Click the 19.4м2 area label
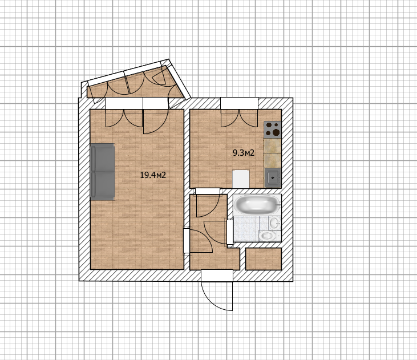pos(153,175)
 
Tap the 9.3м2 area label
pos(244,153)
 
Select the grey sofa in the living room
pos(103,172)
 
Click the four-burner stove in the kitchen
pos(272,130)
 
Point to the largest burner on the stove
pos(277,132)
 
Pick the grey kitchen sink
pos(273,177)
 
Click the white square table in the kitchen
pos(241,179)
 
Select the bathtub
pos(257,205)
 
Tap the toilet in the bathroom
pos(268,236)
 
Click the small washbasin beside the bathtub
pos(274,223)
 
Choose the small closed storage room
pos(264,259)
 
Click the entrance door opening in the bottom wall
pos(217,276)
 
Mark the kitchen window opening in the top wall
pos(239,103)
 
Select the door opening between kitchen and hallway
pos(208,191)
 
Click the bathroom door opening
pos(230,233)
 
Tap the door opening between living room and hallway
pos(187,241)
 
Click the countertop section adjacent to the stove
pos(272,145)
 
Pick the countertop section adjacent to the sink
pos(272,161)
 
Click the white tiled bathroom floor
pos(246,229)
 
